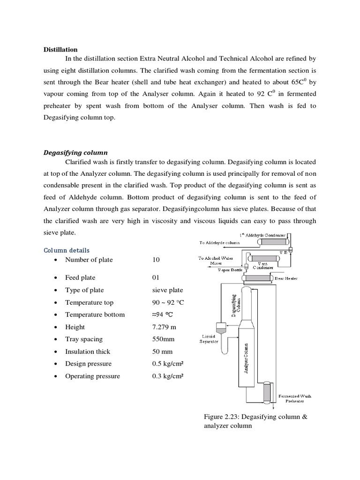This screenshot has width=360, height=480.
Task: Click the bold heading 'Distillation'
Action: pyautogui.click(x=60, y=49)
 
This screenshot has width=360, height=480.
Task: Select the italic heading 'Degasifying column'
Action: pyautogui.click(x=75, y=152)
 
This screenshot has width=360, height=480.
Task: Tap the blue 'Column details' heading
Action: pyautogui.click(x=66, y=250)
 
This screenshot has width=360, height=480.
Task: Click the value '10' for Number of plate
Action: pyautogui.click(x=156, y=260)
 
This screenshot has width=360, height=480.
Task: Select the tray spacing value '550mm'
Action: pyautogui.click(x=165, y=339)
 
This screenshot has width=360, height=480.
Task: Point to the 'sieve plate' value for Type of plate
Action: pyautogui.click(x=168, y=290)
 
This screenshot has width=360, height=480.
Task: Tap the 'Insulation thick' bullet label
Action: pyautogui.click(x=88, y=352)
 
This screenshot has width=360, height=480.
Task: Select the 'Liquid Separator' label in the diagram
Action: pyautogui.click(x=210, y=339)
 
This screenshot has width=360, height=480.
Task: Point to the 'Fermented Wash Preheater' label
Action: pyautogui.click(x=295, y=398)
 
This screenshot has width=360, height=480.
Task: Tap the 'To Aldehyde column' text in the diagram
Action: pyautogui.click(x=219, y=243)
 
